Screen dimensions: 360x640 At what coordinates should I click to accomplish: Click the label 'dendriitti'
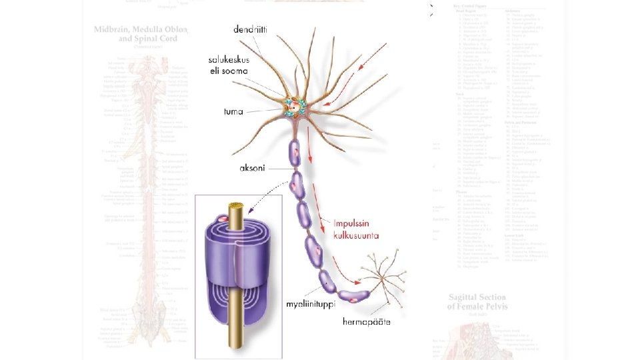click(x=251, y=29)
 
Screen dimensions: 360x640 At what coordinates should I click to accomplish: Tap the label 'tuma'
click(x=233, y=111)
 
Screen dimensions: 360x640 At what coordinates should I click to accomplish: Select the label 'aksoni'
click(x=254, y=168)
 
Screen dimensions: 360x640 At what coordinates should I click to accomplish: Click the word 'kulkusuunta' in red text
click(x=357, y=235)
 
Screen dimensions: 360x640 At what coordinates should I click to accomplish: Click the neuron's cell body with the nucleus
click(x=295, y=107)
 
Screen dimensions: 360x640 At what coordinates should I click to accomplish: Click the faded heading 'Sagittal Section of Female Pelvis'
click(x=477, y=301)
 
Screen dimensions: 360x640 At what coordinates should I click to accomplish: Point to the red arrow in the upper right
click(x=374, y=57)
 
